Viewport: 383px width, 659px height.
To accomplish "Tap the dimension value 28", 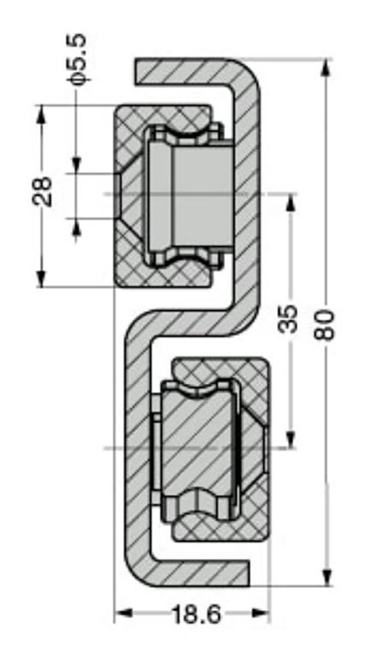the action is [42, 192].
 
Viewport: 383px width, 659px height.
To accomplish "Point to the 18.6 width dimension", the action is [196, 615].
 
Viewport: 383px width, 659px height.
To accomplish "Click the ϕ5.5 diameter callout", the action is [78, 60].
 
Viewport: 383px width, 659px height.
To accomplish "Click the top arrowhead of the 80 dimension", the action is [326, 68].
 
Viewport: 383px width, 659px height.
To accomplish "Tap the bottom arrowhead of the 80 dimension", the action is [326, 576].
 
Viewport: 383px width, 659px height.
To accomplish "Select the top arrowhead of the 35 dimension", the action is [290, 202].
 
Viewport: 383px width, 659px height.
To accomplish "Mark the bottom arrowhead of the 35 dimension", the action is [290, 439].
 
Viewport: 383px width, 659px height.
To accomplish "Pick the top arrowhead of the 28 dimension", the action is [41, 114].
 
